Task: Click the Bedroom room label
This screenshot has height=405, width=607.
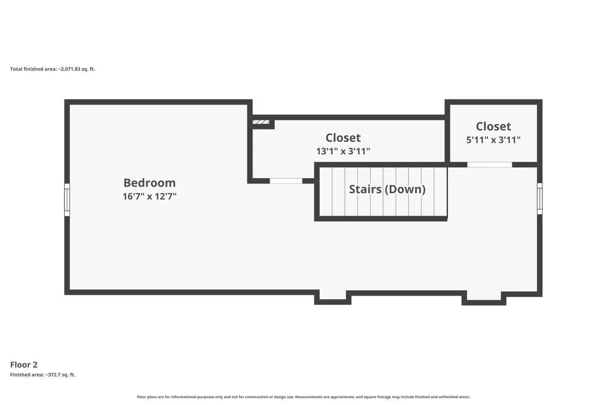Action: click(x=149, y=183)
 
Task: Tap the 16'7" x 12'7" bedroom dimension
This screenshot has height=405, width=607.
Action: click(x=149, y=196)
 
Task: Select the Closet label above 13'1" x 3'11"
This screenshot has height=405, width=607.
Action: click(x=343, y=138)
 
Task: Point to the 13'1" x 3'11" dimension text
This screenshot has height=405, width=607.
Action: click(x=343, y=151)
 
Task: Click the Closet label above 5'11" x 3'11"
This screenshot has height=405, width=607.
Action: click(x=493, y=127)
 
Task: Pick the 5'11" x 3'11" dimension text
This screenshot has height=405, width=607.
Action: click(x=493, y=140)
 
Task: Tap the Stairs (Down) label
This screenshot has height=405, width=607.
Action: click(x=387, y=189)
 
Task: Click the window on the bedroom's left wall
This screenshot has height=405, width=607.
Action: click(x=67, y=200)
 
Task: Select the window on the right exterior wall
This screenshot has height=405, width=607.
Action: click(x=540, y=198)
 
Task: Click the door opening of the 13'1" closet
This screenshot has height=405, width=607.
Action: click(x=286, y=181)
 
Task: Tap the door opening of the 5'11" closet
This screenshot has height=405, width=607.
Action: click(x=489, y=165)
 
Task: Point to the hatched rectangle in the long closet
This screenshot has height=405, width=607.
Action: click(x=261, y=122)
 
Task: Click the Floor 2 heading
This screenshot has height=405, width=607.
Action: click(x=24, y=365)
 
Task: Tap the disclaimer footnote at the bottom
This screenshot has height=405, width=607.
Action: click(x=303, y=397)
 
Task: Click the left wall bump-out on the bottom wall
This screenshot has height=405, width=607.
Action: click(x=333, y=298)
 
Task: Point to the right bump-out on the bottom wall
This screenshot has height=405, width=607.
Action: click(x=484, y=298)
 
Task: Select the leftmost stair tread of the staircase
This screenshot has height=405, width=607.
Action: click(x=325, y=191)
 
